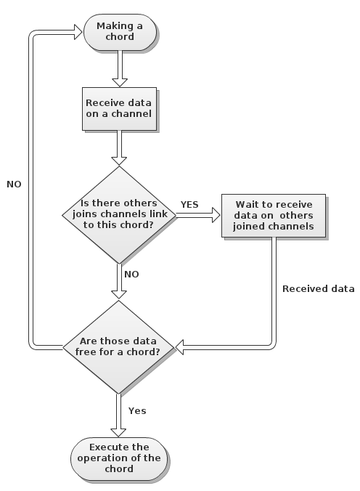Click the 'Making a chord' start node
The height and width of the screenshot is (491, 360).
click(120, 32)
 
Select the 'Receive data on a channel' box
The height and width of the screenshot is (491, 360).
click(119, 109)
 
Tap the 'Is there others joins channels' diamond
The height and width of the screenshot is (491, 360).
click(119, 215)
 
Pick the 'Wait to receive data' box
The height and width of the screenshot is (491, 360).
click(274, 216)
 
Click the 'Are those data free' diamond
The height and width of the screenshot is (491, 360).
click(118, 347)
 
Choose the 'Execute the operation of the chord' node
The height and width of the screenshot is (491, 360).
click(119, 458)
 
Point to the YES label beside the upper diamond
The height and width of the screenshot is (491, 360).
click(189, 205)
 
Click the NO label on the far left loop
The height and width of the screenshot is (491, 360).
click(14, 184)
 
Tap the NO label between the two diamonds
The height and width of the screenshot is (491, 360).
click(131, 275)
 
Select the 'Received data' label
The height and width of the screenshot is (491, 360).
click(319, 288)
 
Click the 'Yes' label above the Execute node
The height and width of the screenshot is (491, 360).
click(137, 410)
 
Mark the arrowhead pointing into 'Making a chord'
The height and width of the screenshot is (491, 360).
click(78, 32)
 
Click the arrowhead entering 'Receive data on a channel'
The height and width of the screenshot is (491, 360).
click(120, 83)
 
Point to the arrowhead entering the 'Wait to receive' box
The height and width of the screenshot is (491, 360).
click(216, 215)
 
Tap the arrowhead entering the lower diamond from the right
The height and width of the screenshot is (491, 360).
click(179, 347)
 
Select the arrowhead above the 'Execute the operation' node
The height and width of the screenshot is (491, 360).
click(118, 432)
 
